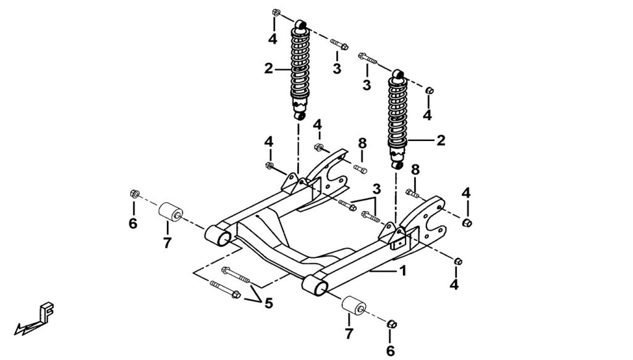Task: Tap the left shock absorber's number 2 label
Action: point(268,69)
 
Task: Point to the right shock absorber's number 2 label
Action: point(441,140)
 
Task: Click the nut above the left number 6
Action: point(133,195)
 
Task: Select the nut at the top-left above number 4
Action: point(276,14)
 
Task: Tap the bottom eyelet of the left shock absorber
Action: point(300,116)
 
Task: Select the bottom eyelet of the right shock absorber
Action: point(398,165)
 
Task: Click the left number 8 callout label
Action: point(362,144)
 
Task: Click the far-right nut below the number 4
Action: point(467,221)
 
